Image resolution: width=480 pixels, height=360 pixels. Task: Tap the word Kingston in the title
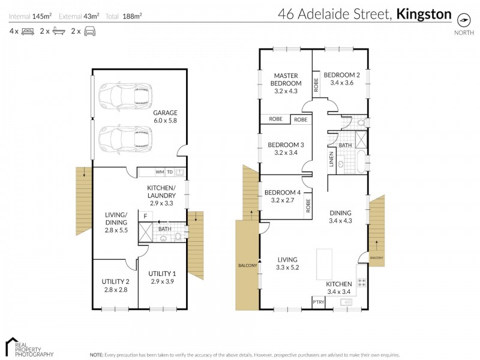(424, 14)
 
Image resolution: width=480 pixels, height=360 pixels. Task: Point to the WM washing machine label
(160, 172)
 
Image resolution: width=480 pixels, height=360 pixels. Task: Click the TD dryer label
(170, 172)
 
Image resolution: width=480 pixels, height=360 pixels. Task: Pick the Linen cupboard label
(331, 161)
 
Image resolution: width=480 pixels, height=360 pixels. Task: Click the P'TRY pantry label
(318, 302)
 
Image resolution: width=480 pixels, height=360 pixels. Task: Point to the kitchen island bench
(325, 263)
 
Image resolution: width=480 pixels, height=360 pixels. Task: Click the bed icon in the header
(26, 30)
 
